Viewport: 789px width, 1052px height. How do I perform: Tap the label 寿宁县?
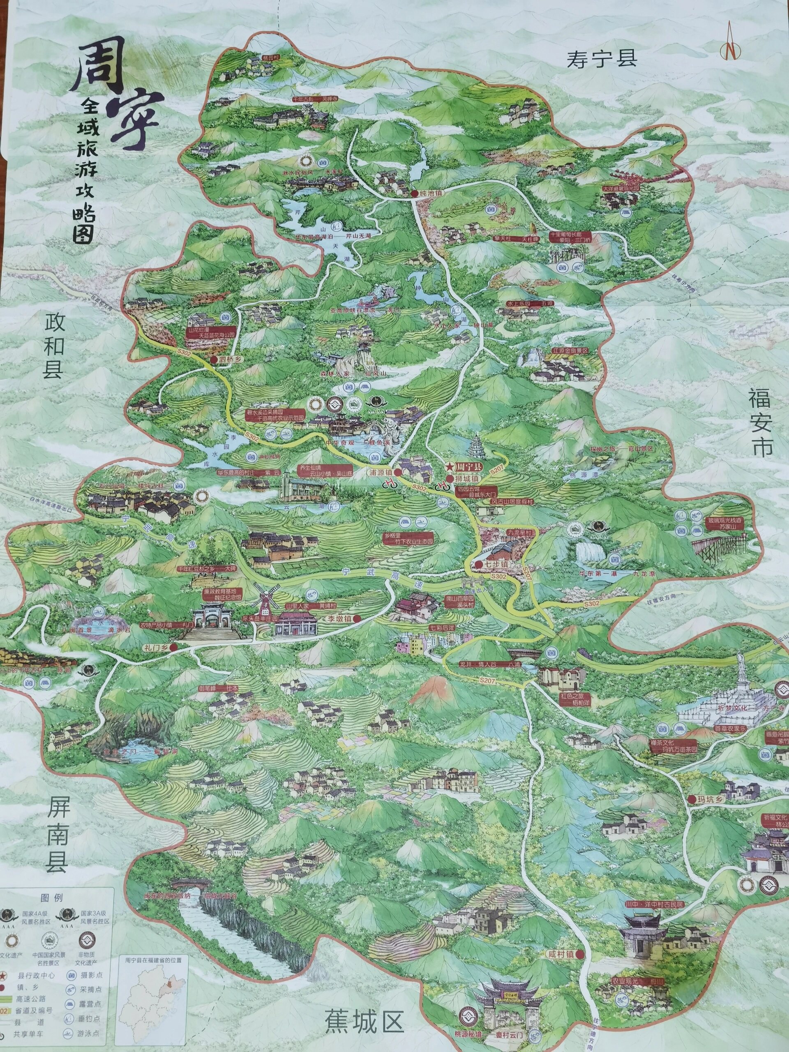pyautogui.click(x=601, y=60)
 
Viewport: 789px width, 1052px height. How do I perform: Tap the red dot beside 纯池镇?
pyautogui.click(x=414, y=194)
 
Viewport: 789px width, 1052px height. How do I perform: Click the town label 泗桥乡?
pyautogui.click(x=230, y=360)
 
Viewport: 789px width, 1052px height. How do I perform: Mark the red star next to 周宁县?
pyautogui.click(x=448, y=466)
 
